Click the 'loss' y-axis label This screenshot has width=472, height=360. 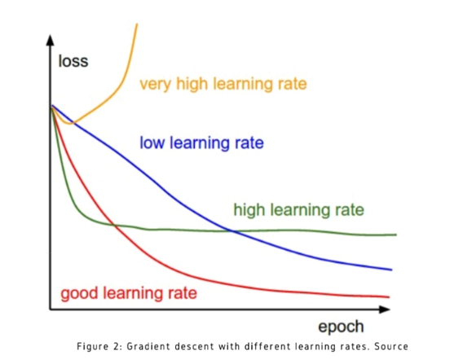click(73, 61)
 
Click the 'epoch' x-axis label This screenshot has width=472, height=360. click(341, 326)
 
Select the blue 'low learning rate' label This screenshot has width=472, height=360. click(201, 143)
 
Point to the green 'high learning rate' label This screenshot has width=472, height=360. click(298, 210)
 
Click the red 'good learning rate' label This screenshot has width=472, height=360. click(128, 292)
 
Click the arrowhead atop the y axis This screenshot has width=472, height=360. click(51, 41)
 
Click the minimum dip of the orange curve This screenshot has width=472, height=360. click(71, 124)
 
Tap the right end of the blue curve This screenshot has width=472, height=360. click(392, 270)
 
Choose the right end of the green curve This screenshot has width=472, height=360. click(396, 235)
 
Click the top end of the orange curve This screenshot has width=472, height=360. click(136, 25)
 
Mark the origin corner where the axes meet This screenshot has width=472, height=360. click(51, 309)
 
